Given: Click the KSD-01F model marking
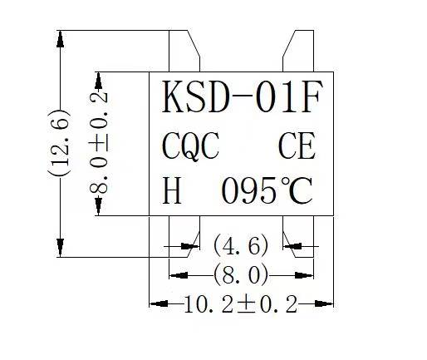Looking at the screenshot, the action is tap(242, 96).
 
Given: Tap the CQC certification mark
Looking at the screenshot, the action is tap(190, 146).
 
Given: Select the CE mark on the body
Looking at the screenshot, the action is tap(297, 145).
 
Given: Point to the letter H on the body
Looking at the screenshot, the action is tap(172, 190).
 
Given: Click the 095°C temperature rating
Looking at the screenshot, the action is tap(267, 190).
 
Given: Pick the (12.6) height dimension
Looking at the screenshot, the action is tap(59, 143).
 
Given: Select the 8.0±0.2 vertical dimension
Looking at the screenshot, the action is tap(98, 143).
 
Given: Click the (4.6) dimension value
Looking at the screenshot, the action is tap(241, 245).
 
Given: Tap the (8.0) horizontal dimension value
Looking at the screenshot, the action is tap(241, 275).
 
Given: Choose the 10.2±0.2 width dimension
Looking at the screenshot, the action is tap(240, 304).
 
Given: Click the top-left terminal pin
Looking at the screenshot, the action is tap(184, 51).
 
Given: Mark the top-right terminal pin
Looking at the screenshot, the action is tap(298, 51).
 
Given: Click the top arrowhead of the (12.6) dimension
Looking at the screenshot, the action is tap(60, 39).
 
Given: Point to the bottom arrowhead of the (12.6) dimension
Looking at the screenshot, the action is tap(60, 248).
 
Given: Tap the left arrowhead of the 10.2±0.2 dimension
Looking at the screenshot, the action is tap(159, 303).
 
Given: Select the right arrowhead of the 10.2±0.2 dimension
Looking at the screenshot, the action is tap(324, 303).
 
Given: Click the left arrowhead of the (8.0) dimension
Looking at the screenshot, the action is tap(179, 275).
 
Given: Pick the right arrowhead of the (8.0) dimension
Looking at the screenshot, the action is tap(304, 275).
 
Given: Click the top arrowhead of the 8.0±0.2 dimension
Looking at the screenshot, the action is tap(98, 81).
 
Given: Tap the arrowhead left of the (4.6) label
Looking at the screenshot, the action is tap(190, 246).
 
